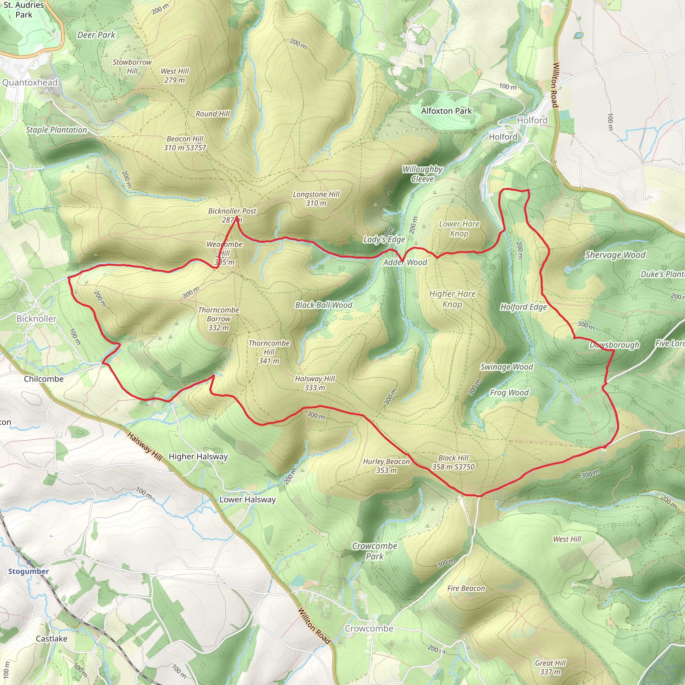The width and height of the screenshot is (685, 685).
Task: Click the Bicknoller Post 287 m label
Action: point(232,215)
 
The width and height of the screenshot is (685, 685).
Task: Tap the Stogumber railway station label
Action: point(28,571)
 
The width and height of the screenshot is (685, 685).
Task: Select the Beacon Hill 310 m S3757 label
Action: point(185,143)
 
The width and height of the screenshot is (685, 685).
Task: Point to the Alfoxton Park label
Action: point(447,111)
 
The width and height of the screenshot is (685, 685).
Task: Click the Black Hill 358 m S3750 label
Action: point(453,462)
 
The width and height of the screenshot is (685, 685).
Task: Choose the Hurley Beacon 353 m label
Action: point(386,466)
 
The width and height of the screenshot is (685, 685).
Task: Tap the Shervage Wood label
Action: point(615,255)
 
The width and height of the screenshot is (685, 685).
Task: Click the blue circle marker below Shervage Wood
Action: point(568,270)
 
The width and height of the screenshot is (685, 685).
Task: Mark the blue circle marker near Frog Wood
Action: point(576,400)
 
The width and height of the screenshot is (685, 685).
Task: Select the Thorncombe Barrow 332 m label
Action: point(218,319)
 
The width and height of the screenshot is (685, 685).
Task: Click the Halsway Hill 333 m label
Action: point(315,383)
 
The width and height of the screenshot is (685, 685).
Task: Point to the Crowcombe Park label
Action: point(374,551)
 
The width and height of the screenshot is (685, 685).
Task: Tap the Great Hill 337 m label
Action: point(550,667)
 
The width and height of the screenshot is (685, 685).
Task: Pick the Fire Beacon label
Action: point(466,588)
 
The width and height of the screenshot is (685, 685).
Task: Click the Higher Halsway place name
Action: point(198,456)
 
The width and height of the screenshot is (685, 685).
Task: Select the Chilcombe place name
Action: point(43,379)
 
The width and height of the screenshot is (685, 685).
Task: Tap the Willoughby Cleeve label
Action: point(422,174)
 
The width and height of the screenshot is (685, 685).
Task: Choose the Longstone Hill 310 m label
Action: point(316,199)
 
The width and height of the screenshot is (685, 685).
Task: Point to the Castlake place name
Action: point(52,639)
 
